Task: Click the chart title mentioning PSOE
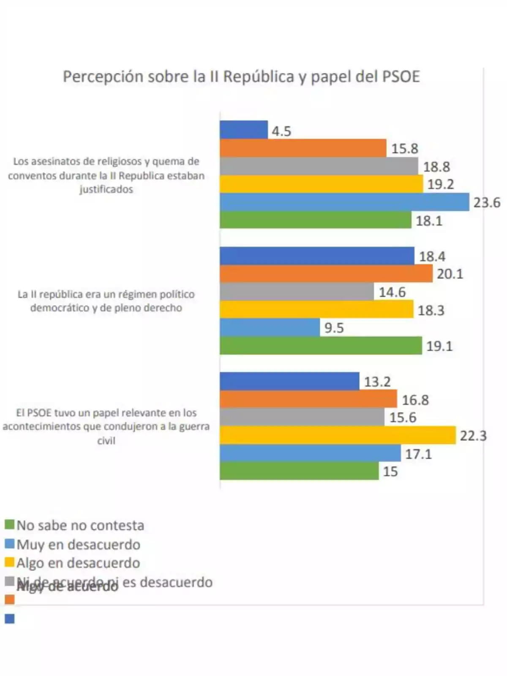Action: (x=241, y=77)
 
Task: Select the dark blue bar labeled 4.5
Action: (x=243, y=130)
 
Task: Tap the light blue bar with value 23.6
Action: (x=344, y=202)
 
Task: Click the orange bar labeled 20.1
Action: (x=326, y=274)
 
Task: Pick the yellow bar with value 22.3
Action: (x=337, y=435)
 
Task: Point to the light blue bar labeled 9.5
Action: (x=270, y=327)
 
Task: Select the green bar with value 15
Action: (x=299, y=471)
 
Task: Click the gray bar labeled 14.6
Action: (x=296, y=292)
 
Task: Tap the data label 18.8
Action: (x=436, y=167)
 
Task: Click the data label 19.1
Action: (x=439, y=346)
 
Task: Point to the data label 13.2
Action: (x=377, y=382)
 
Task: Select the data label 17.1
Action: (x=418, y=454)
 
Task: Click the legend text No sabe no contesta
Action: (x=80, y=525)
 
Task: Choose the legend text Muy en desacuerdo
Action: (x=78, y=544)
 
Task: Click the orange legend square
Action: (x=9, y=600)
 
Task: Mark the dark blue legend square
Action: (x=9, y=619)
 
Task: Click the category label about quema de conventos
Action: (x=106, y=175)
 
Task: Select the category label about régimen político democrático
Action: (x=106, y=301)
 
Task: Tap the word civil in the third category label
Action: (x=106, y=440)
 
